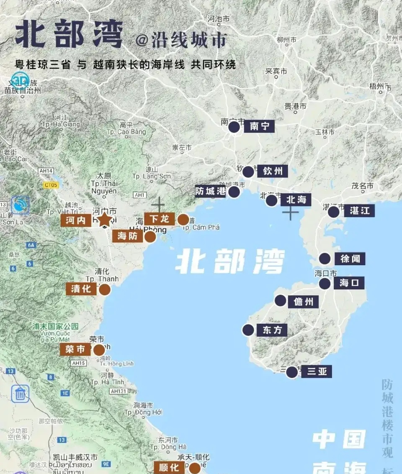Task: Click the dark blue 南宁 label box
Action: pos(260,126)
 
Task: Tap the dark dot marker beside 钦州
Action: pos(248,172)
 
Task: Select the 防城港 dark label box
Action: pos(211,192)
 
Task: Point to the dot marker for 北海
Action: pos(272,200)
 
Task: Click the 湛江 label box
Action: pos(360,211)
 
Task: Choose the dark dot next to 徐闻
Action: pos(325,259)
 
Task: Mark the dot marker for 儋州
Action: pos(281,300)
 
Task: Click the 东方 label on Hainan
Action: pos(272,330)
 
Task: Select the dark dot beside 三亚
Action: pos(292,372)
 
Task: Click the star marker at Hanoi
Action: pos(105,220)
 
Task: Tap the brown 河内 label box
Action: pos(76,220)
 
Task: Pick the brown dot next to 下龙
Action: pos(183,220)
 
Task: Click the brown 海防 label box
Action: pos(128,236)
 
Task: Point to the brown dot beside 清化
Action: pos(104,289)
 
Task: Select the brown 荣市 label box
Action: pos(75,349)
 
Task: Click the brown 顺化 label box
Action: pos(169,467)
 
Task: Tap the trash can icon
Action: pos(20,394)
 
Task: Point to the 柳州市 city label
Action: pos(287,40)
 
